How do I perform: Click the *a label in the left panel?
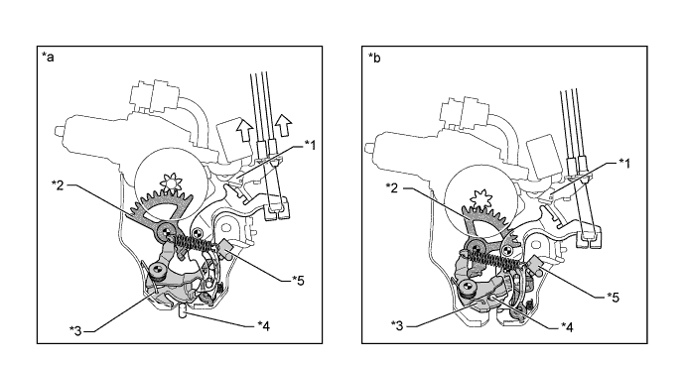[48, 57]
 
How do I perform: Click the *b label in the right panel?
[374, 57]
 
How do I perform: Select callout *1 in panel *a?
[310, 145]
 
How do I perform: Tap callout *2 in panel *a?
[58, 184]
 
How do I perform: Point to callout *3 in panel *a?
[75, 330]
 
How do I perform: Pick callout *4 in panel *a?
[264, 325]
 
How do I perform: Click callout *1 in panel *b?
[624, 163]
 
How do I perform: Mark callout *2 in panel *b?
[392, 187]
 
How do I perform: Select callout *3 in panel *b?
[397, 325]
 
